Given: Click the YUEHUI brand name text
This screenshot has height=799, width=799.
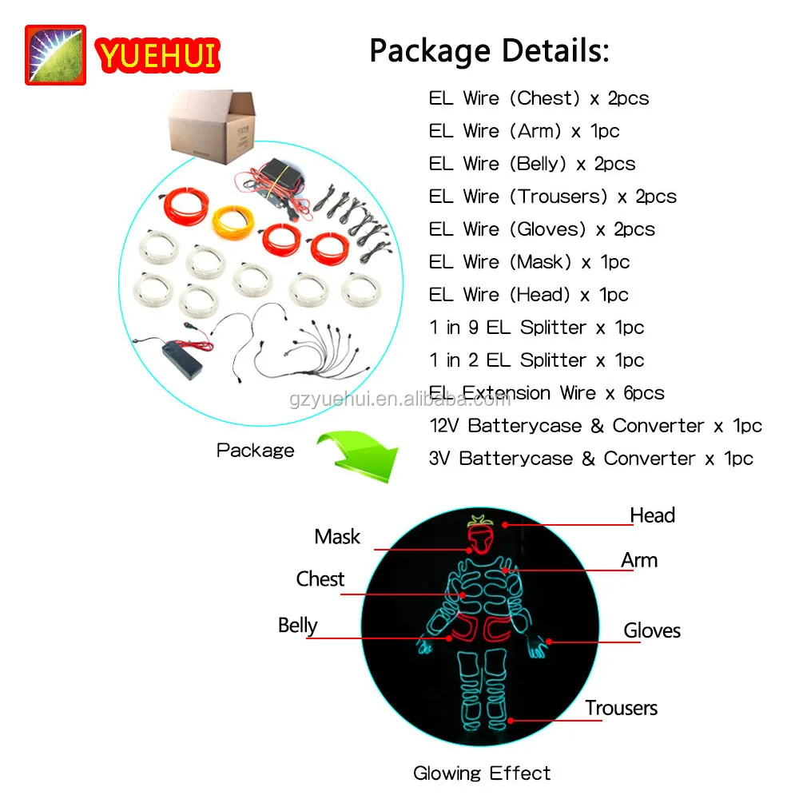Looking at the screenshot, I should (x=157, y=55).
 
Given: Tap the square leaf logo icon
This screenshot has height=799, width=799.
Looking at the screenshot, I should (x=55, y=55).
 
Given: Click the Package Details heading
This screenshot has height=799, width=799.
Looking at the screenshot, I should (x=489, y=50).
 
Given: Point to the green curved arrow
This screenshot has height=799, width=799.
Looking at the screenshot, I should (x=357, y=456).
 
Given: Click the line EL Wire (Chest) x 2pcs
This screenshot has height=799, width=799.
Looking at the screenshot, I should (x=539, y=98).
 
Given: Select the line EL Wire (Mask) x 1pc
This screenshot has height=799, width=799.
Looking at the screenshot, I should (x=529, y=262).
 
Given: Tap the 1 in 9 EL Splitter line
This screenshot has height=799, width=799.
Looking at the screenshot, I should (x=536, y=328).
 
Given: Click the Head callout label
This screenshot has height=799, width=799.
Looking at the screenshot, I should (x=652, y=515).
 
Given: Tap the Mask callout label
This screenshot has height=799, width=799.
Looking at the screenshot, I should (x=337, y=537).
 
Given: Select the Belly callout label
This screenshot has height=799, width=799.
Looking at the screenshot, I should (x=298, y=626).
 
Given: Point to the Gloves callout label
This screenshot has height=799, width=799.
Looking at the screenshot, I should (x=652, y=631).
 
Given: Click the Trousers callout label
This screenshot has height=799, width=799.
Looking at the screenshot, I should (x=621, y=708).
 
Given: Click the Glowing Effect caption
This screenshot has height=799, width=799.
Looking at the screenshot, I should (x=482, y=773).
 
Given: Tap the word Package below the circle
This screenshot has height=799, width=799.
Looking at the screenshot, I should (x=255, y=451).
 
